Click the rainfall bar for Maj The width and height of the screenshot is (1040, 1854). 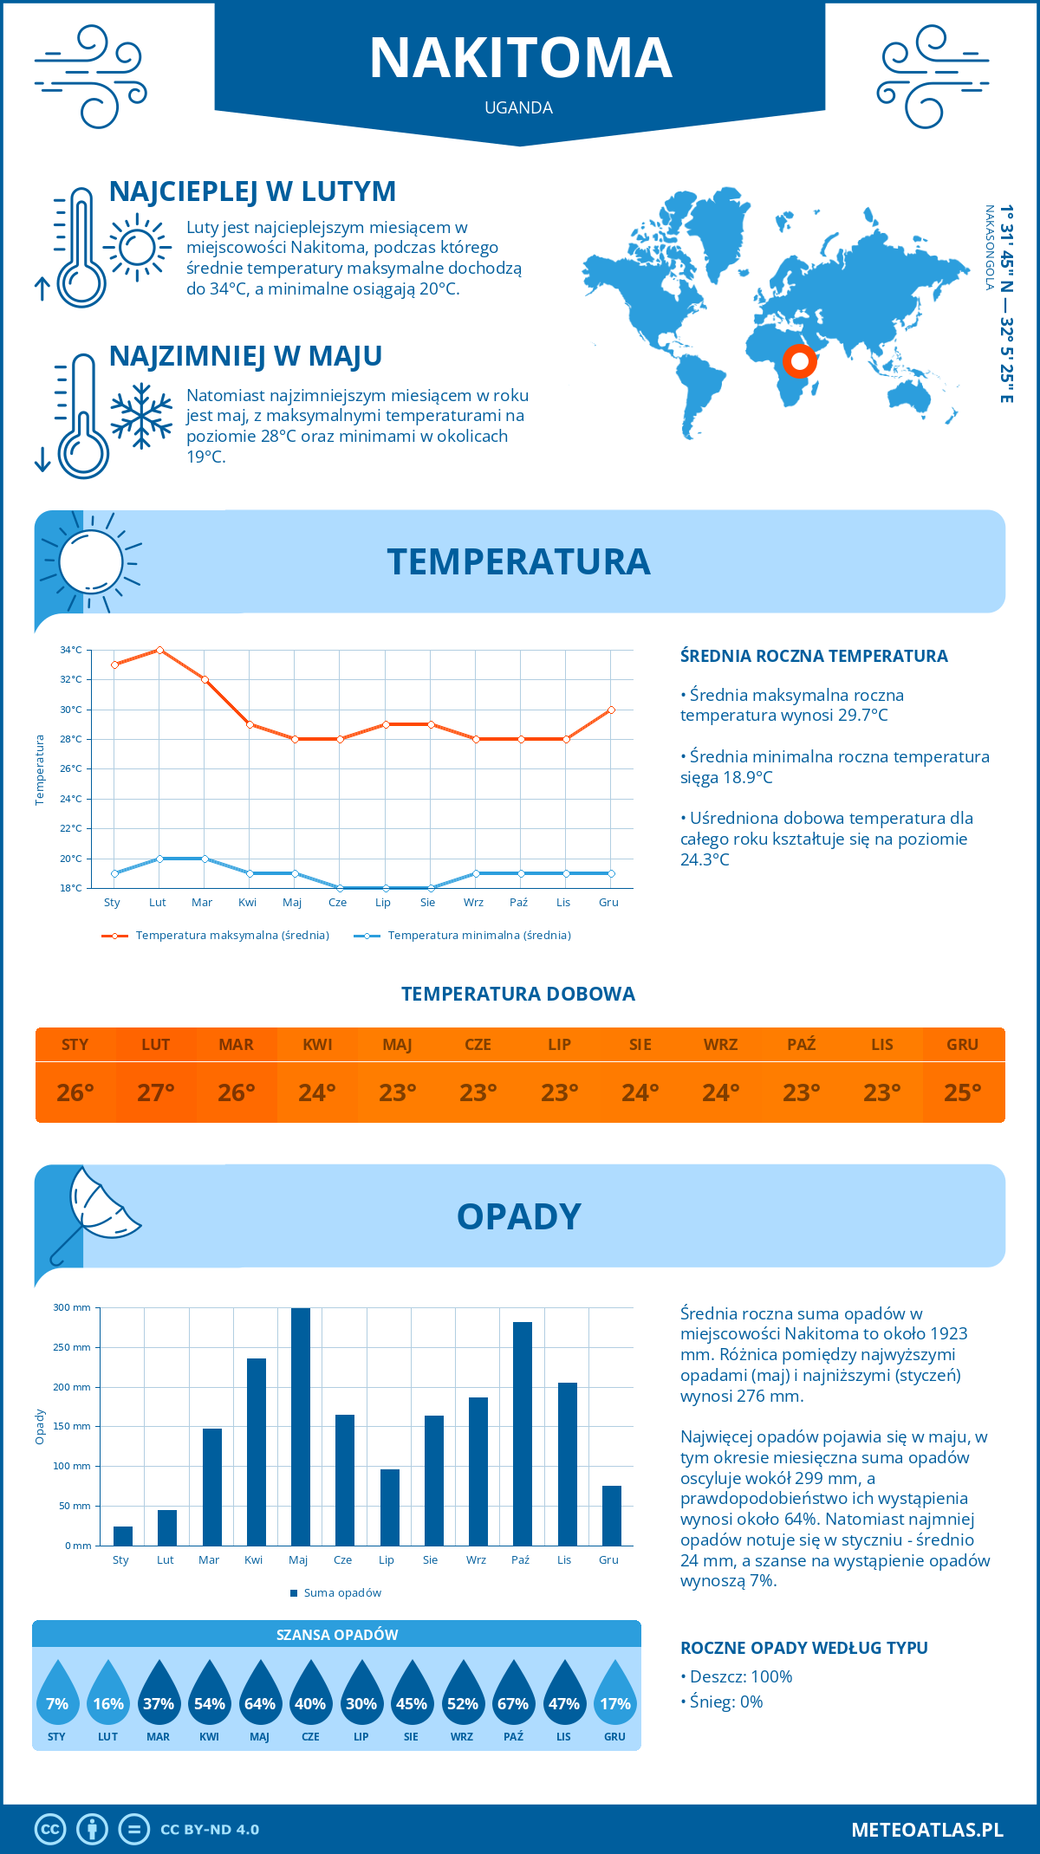(301, 1427)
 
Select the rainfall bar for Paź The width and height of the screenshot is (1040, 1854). (523, 1434)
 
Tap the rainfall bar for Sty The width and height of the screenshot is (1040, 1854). (123, 1536)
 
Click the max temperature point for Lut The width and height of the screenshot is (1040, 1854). (159, 650)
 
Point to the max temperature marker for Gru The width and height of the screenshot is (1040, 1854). (611, 710)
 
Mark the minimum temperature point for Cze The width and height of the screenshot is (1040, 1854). (340, 888)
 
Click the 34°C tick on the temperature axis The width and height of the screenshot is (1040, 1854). (71, 650)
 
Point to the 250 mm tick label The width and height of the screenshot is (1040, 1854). (72, 1347)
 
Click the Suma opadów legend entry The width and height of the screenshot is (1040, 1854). (342, 1593)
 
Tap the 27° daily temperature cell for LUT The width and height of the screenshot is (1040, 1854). (156, 1092)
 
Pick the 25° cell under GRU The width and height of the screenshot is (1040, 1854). (962, 1092)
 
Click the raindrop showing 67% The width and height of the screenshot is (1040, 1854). (513, 1698)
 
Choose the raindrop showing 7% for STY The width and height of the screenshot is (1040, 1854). (57, 1698)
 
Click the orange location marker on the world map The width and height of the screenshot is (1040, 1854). (799, 360)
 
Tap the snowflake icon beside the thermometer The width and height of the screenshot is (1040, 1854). (141, 416)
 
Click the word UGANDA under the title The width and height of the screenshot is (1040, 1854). (518, 107)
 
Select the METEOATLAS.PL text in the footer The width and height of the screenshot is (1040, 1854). (926, 1830)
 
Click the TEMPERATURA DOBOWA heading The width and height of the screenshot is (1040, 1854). (518, 994)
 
